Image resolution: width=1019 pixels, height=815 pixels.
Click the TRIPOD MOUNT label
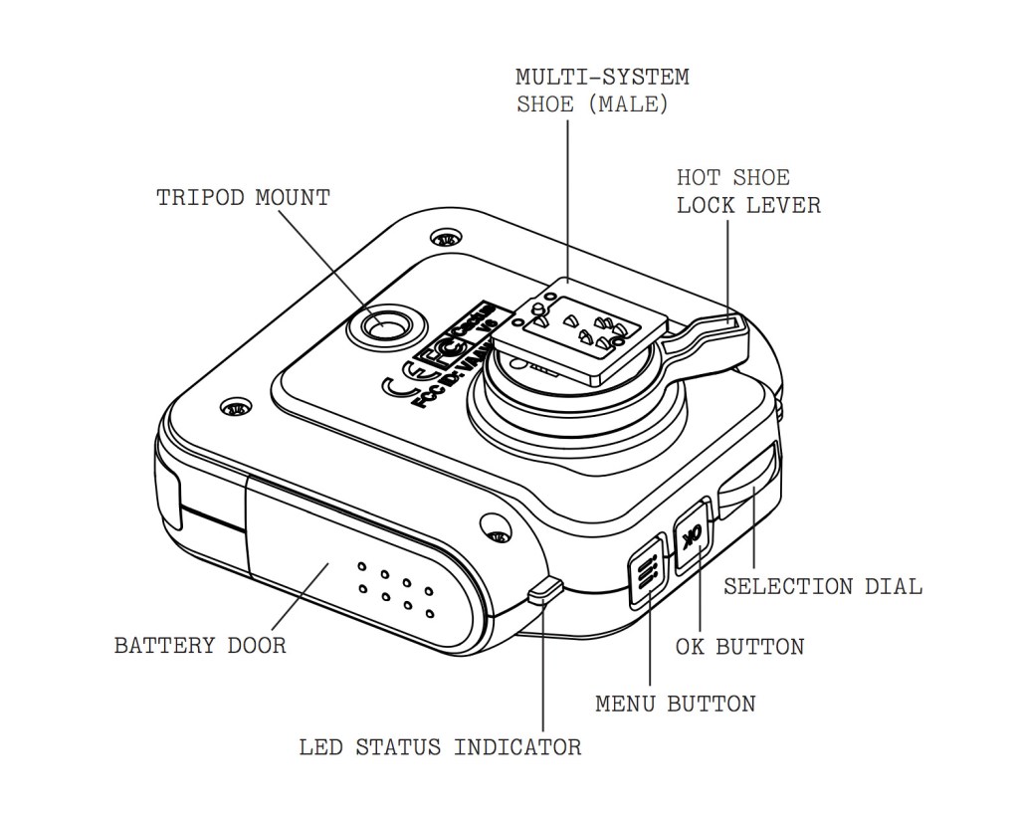pos(243,197)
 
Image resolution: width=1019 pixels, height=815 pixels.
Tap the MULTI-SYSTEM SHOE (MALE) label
pos(602,91)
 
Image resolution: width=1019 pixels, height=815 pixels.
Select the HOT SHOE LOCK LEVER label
pos(748,191)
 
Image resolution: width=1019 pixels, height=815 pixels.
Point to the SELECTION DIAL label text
pos(822,586)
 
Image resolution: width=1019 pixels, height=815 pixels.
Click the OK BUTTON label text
pos(739,647)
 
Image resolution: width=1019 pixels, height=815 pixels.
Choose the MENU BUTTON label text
pos(675,704)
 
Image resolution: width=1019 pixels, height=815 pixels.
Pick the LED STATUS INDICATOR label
pos(440,746)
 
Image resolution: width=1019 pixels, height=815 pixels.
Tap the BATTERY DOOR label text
pos(200,645)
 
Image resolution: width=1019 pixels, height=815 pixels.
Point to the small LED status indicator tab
pos(545,589)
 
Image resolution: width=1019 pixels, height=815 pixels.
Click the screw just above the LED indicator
pos(497,527)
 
